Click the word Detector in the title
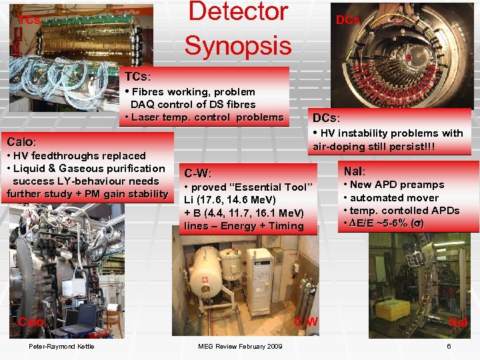click(238, 12)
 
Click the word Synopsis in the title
click(238, 45)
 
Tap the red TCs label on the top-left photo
click(29, 20)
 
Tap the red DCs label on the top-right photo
click(347, 20)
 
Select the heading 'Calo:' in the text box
click(21, 142)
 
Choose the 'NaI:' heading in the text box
click(354, 171)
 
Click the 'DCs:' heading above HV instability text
click(326, 118)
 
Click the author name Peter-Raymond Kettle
click(61, 346)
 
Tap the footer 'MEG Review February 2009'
click(240, 346)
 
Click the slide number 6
click(449, 346)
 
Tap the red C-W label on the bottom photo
click(306, 322)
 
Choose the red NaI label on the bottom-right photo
click(458, 322)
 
